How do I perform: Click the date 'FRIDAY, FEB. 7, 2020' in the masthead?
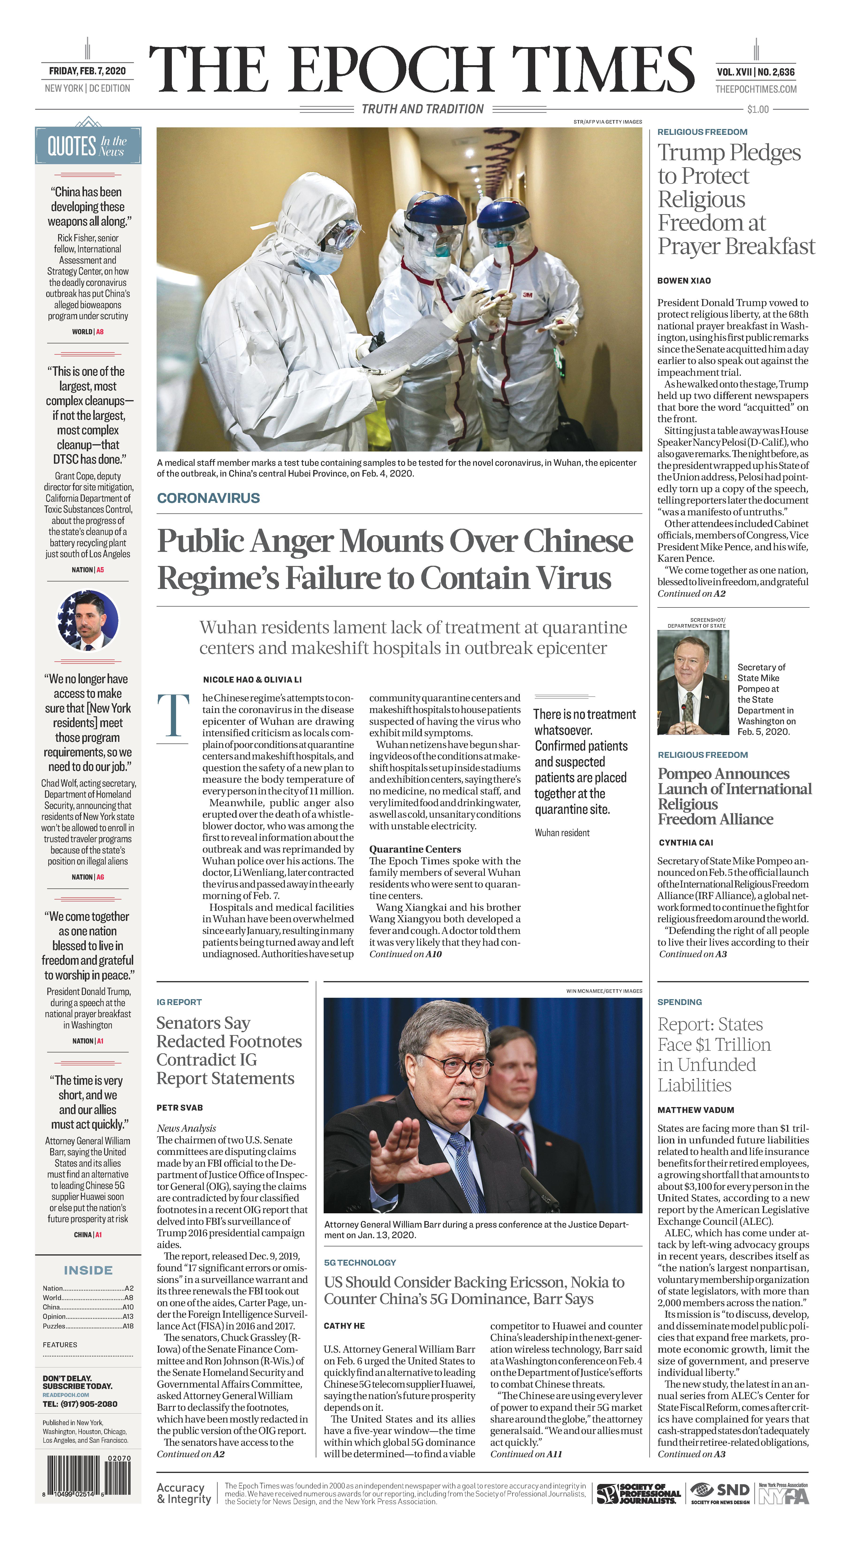point(87,71)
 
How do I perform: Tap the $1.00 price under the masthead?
point(757,109)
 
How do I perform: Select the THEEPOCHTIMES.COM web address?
point(756,89)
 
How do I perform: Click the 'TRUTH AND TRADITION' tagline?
point(422,109)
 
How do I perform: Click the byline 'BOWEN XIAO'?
point(684,281)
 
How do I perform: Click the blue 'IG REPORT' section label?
point(179,1002)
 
